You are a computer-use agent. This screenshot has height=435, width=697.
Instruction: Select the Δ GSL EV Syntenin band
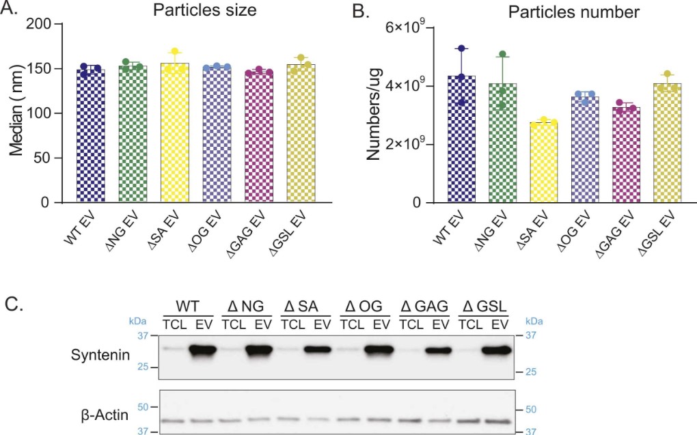tap(495, 351)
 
